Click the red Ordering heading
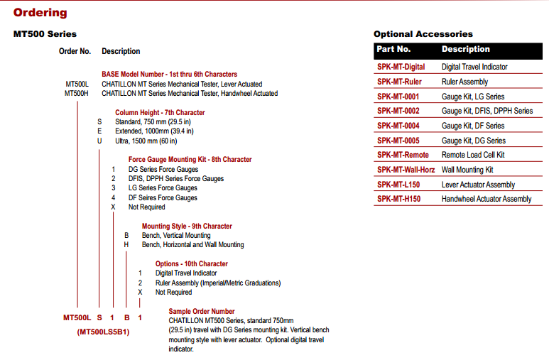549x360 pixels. pyautogui.click(x=40, y=12)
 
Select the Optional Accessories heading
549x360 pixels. pyautogui.click(x=423, y=34)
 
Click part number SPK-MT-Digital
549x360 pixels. pyautogui.click(x=401, y=67)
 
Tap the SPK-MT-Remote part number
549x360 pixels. pyautogui.click(x=403, y=155)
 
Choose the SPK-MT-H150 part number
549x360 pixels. pyautogui.click(x=398, y=199)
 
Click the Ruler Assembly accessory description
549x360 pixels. pyautogui.click(x=465, y=82)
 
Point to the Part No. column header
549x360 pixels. pyautogui.click(x=393, y=50)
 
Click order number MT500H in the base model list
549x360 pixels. pyautogui.click(x=76, y=93)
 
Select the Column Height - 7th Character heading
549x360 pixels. pyautogui.click(x=160, y=112)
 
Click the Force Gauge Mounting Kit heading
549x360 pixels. pyautogui.click(x=190, y=160)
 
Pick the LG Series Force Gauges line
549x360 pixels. pyautogui.click(x=163, y=188)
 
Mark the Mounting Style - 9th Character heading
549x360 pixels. pyautogui.click(x=187, y=227)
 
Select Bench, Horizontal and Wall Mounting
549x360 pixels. pyautogui.click(x=192, y=245)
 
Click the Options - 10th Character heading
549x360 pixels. pyautogui.click(x=192, y=264)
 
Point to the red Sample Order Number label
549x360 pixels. pyautogui.click(x=201, y=311)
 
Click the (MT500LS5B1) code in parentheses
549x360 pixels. pyautogui.click(x=103, y=332)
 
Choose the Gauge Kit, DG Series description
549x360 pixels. pyautogui.click(x=474, y=141)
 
